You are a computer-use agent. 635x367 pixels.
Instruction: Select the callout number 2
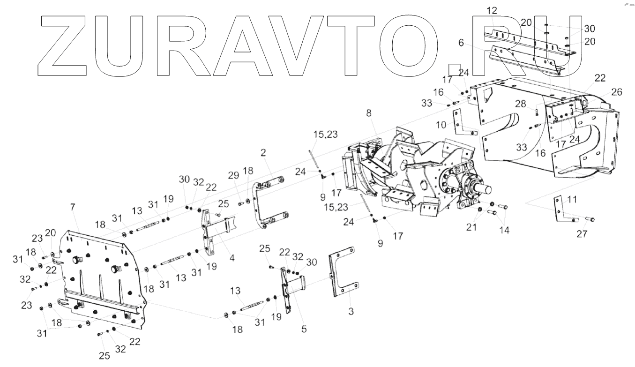263,153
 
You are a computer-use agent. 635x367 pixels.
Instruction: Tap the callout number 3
351,312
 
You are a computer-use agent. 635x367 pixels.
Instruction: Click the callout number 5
304,329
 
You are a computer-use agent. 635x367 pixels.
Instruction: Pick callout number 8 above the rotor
369,113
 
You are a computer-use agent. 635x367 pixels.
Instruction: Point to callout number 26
617,92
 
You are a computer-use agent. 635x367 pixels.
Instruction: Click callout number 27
582,234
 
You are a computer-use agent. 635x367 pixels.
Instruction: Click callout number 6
462,42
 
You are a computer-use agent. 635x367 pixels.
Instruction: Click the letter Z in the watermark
61,45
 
